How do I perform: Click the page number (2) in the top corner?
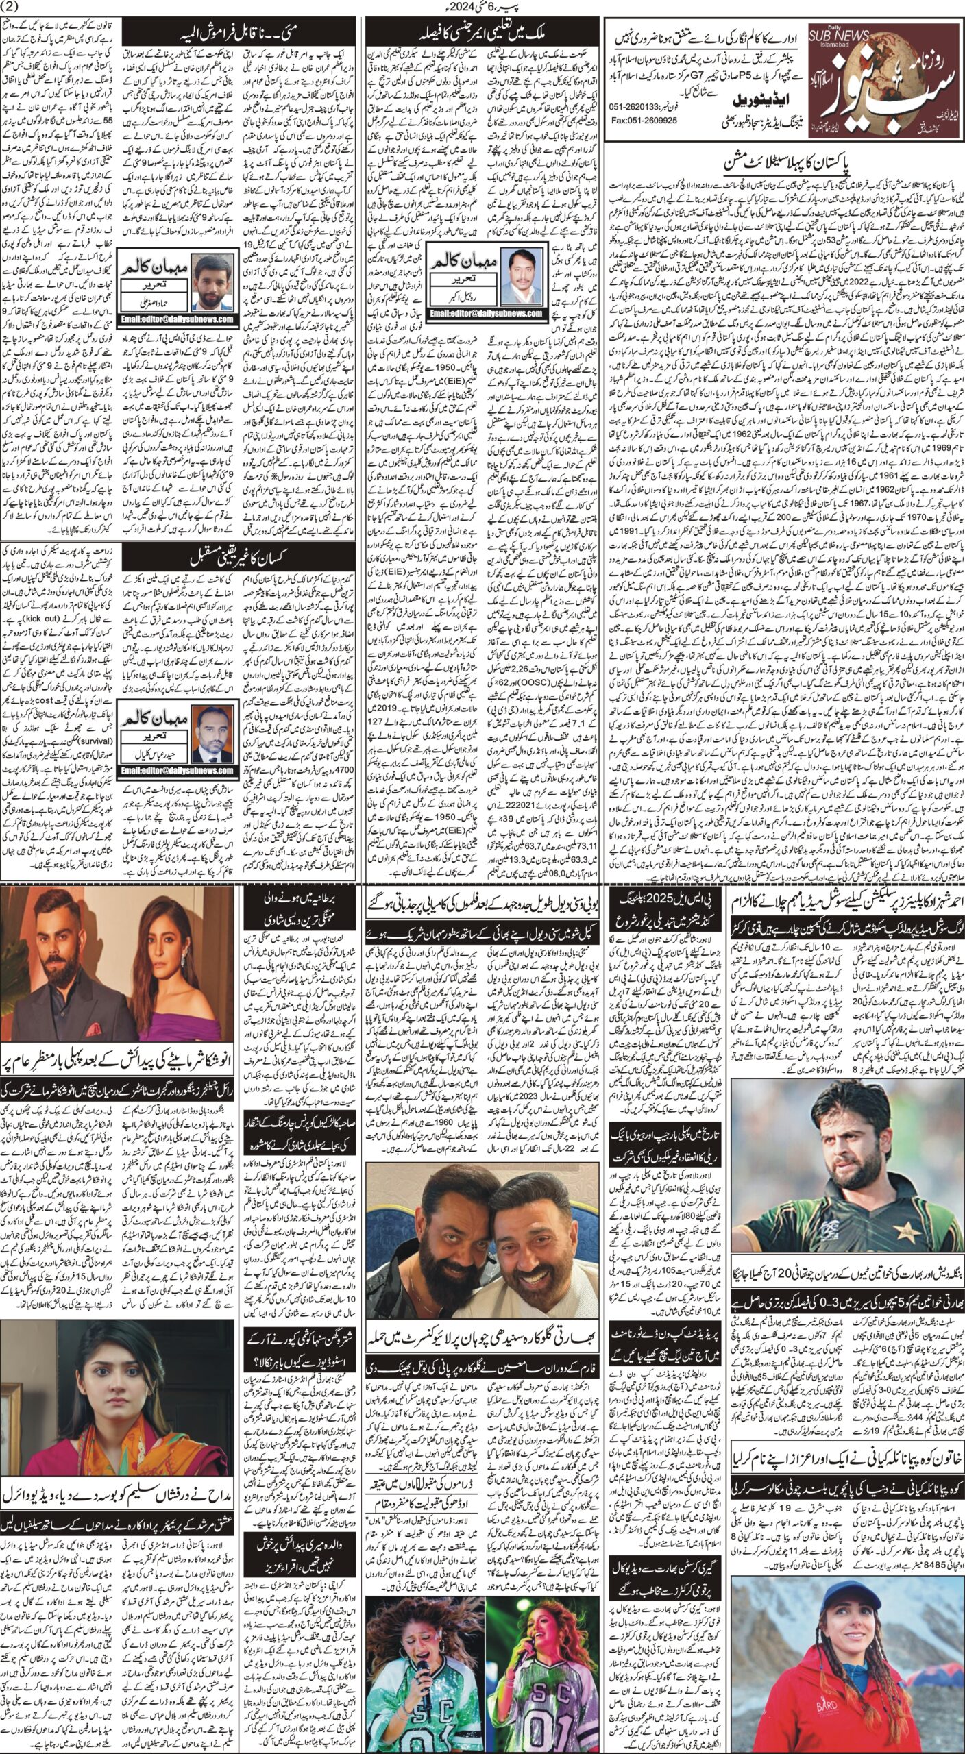coord(13,8)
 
